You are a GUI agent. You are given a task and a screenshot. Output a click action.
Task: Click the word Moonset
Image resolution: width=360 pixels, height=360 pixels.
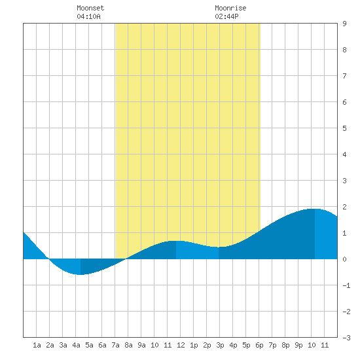tap(90, 8)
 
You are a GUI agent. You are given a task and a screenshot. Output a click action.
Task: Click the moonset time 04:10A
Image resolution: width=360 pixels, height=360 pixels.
tap(88, 16)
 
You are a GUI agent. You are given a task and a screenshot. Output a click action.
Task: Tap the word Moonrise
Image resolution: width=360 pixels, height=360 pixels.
tap(230, 8)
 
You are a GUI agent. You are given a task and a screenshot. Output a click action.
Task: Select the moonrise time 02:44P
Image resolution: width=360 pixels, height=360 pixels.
tap(226, 16)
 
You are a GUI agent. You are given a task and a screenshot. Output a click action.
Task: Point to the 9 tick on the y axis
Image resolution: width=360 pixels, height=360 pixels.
tap(344, 24)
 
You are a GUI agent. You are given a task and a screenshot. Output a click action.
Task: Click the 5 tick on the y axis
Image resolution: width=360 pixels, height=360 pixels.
tap(344, 128)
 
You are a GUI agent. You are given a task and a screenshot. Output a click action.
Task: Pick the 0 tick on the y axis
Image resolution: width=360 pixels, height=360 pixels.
tap(344, 259)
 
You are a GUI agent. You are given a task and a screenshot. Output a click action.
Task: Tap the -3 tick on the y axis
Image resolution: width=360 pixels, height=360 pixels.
tap(346, 338)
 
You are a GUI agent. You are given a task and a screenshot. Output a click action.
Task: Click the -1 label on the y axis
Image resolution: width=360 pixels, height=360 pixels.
tap(346, 285)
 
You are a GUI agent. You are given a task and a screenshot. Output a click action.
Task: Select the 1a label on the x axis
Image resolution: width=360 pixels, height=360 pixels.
tap(37, 345)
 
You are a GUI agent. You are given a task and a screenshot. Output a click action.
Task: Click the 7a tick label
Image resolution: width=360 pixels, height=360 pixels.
tap(115, 345)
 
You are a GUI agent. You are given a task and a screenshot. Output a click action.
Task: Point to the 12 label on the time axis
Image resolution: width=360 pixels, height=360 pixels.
tap(181, 345)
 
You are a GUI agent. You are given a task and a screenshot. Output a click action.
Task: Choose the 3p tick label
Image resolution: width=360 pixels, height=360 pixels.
tap(220, 345)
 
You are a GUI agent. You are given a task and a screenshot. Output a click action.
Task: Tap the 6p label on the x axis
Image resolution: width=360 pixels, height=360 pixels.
tap(259, 345)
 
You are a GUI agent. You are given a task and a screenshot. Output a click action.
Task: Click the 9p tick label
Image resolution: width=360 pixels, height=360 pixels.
tap(298, 345)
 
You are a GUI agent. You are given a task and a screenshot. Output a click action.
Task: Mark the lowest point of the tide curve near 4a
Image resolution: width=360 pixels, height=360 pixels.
tap(81, 274)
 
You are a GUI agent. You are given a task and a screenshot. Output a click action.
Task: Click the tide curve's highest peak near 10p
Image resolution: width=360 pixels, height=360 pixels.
tap(315, 209)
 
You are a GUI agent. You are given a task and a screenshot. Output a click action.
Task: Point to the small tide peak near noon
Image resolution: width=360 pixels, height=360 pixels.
tap(176, 241)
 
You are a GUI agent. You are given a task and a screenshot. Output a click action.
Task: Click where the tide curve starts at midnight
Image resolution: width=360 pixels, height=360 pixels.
tap(24, 232)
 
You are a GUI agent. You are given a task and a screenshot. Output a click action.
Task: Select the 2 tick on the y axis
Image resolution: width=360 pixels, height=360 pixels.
tap(344, 207)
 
